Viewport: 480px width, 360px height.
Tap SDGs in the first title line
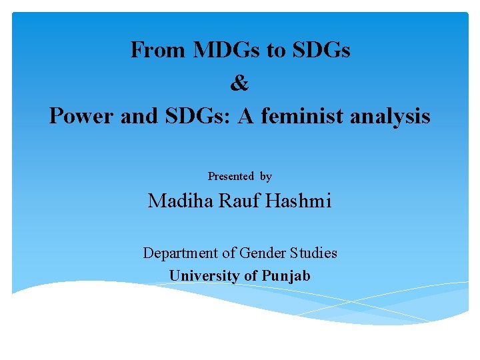pyautogui.click(x=322, y=50)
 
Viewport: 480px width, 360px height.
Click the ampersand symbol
pyautogui.click(x=239, y=83)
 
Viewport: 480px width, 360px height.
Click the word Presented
pyautogui.click(x=231, y=177)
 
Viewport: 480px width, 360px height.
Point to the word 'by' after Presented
pyautogui.click(x=266, y=177)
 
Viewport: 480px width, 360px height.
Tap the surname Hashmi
pyautogui.click(x=298, y=201)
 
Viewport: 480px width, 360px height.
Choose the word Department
pyautogui.click(x=180, y=253)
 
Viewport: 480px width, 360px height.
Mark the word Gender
pyautogui.click(x=262, y=253)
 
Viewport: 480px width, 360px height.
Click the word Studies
pyautogui.click(x=313, y=253)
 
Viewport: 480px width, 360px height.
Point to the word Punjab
pyautogui.click(x=286, y=276)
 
